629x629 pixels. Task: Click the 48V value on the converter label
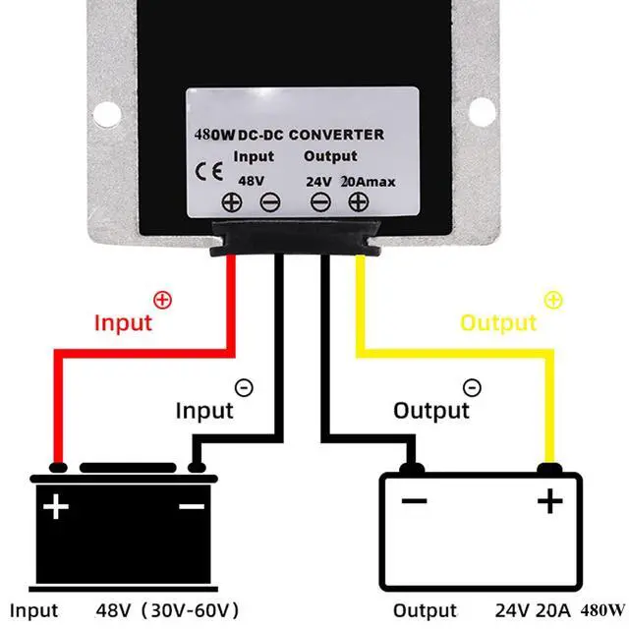click(252, 180)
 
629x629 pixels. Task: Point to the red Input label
click(123, 322)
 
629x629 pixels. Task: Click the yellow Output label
click(498, 322)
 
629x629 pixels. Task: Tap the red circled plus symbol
click(163, 299)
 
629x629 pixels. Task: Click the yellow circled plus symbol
click(553, 299)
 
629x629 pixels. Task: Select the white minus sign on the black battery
click(192, 506)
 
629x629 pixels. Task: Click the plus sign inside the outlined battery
click(549, 502)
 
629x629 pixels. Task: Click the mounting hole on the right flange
click(480, 107)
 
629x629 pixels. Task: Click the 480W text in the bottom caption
click(602, 609)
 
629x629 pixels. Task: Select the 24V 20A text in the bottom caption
click(519, 610)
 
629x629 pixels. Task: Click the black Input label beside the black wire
click(204, 409)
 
